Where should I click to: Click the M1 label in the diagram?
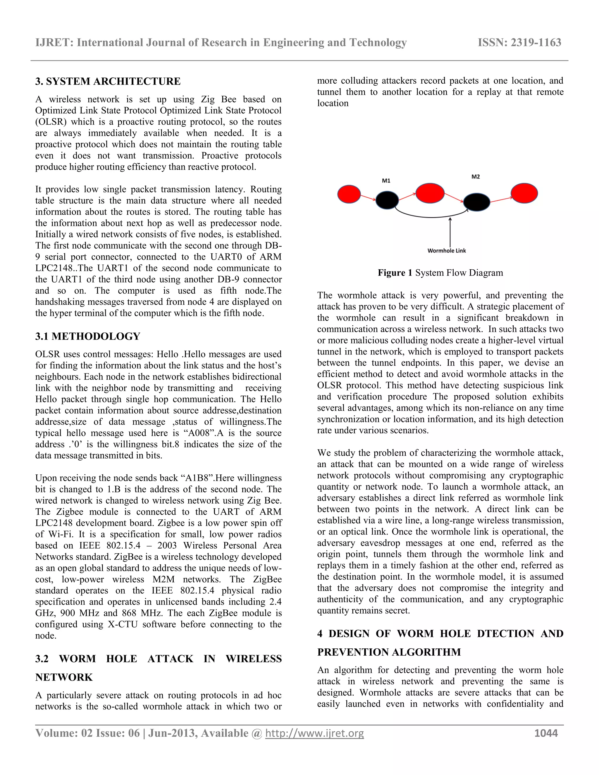[386, 181]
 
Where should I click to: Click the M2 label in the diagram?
[476, 177]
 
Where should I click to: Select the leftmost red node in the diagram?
[349, 194]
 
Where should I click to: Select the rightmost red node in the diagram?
[524, 193]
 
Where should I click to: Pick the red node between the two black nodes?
[430, 193]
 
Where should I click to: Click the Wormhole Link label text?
[446, 251]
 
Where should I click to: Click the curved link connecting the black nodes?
[431, 216]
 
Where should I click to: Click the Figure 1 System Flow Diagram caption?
[440, 273]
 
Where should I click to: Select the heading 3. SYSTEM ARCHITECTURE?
[108, 81]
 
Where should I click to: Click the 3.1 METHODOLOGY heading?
[88, 336]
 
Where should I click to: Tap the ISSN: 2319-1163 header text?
[519, 43]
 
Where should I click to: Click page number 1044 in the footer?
[546, 733]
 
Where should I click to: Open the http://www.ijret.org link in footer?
[314, 733]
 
